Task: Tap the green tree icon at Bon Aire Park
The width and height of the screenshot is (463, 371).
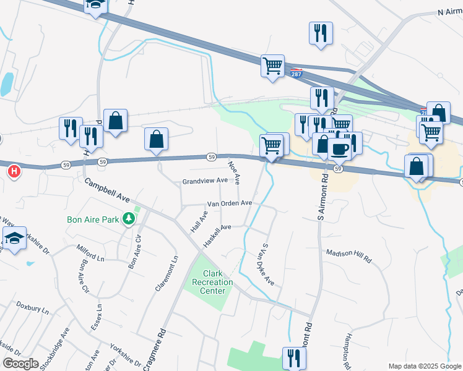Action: tap(129, 219)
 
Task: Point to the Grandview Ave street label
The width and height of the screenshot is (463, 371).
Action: tap(204, 182)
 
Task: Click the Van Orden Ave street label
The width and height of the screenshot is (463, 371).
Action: tap(229, 203)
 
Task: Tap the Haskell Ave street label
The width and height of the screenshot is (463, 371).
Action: tap(217, 235)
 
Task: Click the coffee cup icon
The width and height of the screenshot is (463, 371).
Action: tap(339, 148)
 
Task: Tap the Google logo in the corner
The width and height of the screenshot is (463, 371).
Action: tap(20, 364)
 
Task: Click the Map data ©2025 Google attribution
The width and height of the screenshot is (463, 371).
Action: tap(425, 366)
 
